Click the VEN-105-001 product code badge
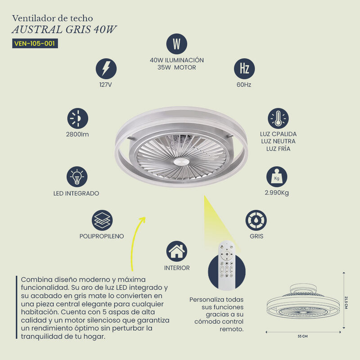36,44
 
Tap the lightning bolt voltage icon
106,69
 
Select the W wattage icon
177,44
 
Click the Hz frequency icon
244,69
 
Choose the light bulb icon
76,177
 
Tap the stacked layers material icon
102,220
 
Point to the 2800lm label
77,134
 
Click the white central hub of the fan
181,161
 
